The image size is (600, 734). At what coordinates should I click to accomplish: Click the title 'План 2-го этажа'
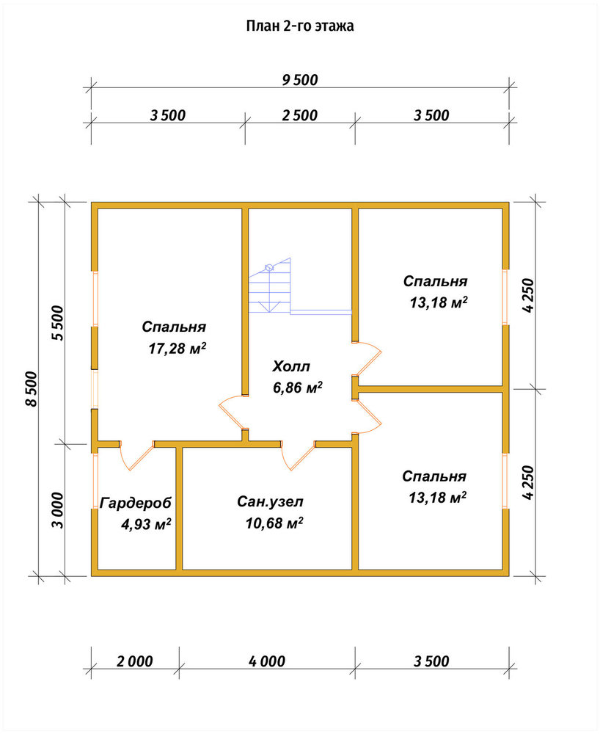[300, 26]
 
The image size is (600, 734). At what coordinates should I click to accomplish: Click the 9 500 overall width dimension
[300, 80]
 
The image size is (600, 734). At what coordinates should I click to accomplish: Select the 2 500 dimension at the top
[300, 115]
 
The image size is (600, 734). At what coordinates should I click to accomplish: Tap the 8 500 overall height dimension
[31, 389]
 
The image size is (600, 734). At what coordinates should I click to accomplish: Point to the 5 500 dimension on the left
[57, 323]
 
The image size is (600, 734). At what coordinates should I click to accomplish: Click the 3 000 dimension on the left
[57, 510]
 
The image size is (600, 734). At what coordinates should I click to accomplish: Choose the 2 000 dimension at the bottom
[135, 661]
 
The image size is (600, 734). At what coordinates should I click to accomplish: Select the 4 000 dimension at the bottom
[267, 661]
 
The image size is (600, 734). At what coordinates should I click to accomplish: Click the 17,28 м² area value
[178, 348]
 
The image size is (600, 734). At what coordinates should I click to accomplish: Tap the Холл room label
[291, 366]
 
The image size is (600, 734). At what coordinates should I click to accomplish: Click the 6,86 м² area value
[297, 388]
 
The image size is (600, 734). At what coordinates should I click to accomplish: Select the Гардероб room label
[136, 504]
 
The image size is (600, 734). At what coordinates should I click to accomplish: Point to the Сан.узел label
[270, 502]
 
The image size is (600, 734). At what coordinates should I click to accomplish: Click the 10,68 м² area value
[274, 523]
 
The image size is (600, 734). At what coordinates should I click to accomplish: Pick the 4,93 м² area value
[146, 524]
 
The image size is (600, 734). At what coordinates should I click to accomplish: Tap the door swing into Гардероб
[136, 457]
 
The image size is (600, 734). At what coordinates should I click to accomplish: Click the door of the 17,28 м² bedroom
[233, 412]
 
